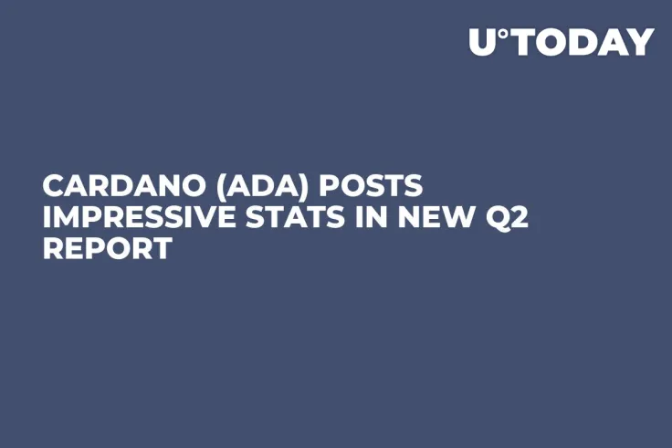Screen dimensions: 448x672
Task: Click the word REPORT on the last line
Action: click(x=106, y=248)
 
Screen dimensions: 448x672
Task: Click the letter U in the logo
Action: click(x=483, y=42)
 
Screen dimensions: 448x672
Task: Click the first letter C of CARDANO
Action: click(x=53, y=186)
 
